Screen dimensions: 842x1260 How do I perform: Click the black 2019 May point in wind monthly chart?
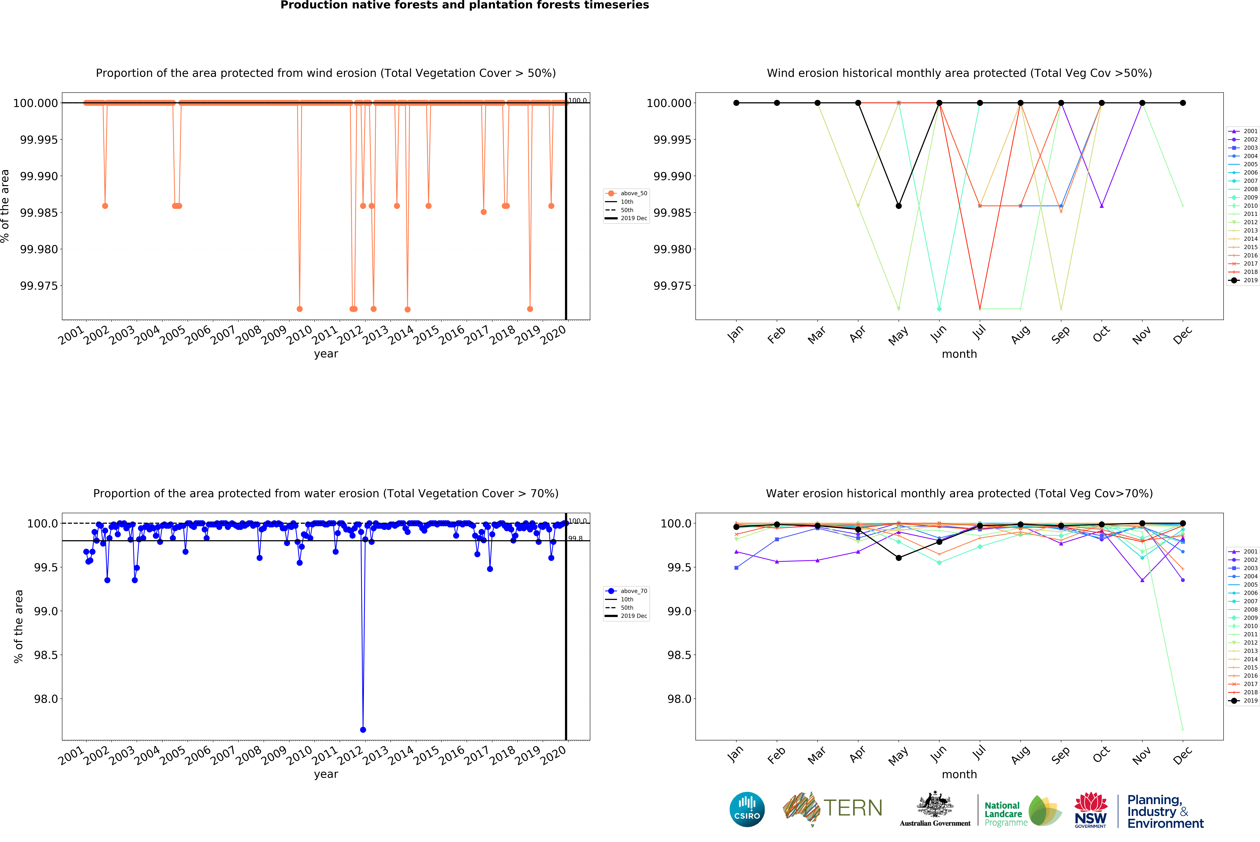click(899, 206)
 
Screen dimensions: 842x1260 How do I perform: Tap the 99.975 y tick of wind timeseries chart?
click(39, 286)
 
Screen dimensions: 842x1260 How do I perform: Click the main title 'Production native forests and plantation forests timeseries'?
click(465, 5)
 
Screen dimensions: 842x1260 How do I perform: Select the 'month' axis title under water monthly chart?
click(959, 774)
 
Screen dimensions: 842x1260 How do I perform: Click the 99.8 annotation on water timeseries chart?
click(575, 539)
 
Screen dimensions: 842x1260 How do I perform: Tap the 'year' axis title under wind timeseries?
click(326, 354)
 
